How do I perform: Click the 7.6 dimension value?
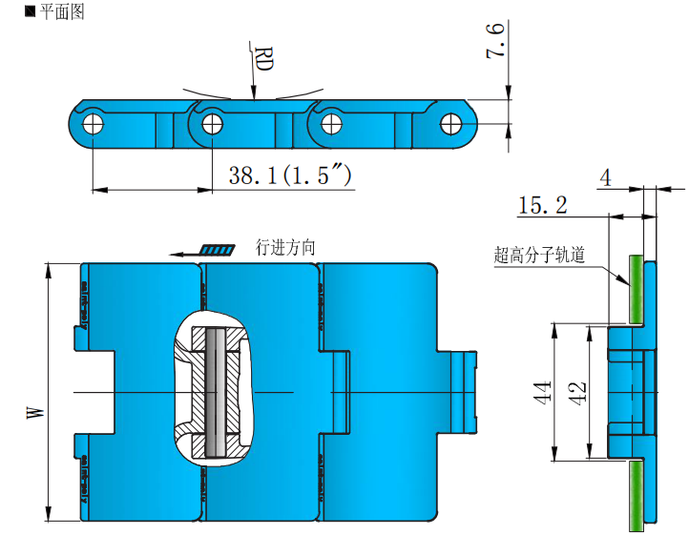(x=496, y=43)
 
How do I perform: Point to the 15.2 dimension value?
(x=542, y=204)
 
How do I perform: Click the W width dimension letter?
(x=36, y=412)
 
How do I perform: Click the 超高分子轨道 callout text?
(x=539, y=255)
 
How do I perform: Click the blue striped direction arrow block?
(x=218, y=250)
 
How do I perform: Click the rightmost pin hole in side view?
(x=450, y=121)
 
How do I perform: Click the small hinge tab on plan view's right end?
(x=463, y=392)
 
